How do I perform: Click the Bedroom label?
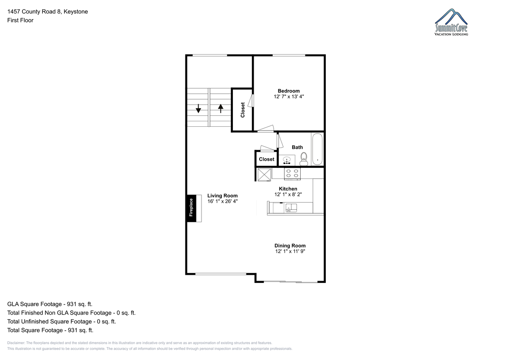point(288,91)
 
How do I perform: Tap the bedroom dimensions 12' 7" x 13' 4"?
point(288,97)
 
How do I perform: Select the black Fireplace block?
point(191,208)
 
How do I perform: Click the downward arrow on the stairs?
point(199,109)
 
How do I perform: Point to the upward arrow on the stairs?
point(221,109)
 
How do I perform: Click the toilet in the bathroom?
point(304,159)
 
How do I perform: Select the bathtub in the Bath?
point(317,149)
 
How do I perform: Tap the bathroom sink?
point(287,160)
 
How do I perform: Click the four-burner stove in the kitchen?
point(292,174)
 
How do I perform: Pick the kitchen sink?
point(291,208)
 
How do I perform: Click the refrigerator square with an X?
point(264,175)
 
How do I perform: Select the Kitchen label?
point(288,189)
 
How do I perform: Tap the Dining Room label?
point(290,246)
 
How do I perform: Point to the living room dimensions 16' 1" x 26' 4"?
point(222,201)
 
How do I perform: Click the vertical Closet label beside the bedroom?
point(243,110)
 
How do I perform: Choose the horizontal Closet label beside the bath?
point(266,159)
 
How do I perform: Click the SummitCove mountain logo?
point(451,22)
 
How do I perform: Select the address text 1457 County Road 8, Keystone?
point(48,11)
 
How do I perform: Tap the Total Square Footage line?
point(50,330)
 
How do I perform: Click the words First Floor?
point(20,20)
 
